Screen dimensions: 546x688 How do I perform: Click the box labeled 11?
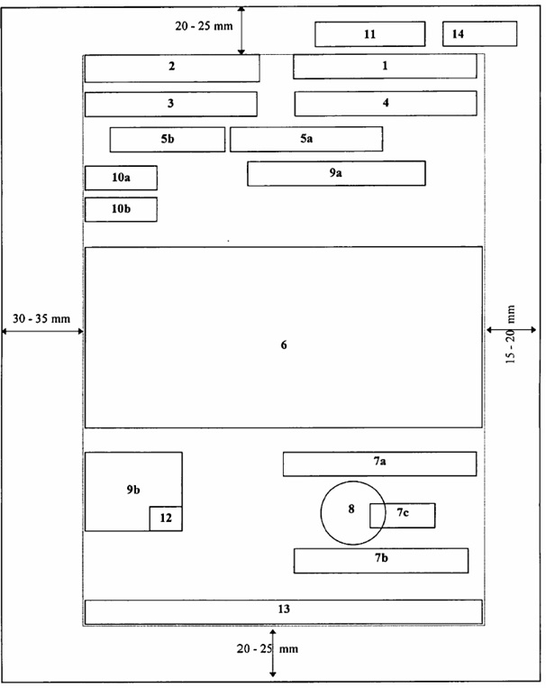[x=369, y=34]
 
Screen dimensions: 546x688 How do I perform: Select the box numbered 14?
[x=479, y=33]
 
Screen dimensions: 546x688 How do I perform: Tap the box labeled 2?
[x=172, y=69]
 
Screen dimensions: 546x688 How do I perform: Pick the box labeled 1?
[x=385, y=66]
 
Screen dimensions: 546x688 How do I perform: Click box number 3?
[x=170, y=104]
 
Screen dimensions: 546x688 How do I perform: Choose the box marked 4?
[x=386, y=104]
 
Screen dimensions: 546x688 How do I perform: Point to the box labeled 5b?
[x=167, y=140]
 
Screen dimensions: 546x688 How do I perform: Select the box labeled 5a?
[x=306, y=139]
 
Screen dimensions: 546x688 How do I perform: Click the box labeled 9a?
[x=336, y=173]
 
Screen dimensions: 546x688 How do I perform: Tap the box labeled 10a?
[x=121, y=178]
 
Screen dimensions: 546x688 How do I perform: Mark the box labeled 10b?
[x=121, y=209]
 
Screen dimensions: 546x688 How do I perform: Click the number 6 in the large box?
[x=284, y=344]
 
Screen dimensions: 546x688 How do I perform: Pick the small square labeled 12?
[x=166, y=518]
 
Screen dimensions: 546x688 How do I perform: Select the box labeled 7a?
[x=379, y=463]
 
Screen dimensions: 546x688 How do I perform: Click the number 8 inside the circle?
[x=350, y=509]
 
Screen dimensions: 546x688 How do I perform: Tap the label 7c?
[x=403, y=512]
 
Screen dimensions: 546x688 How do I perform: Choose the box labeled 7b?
[x=380, y=560]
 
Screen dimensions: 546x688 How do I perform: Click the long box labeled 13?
[x=283, y=611]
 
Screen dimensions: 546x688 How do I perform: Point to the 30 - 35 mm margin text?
[x=41, y=318]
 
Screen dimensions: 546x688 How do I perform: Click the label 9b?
[x=133, y=490]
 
